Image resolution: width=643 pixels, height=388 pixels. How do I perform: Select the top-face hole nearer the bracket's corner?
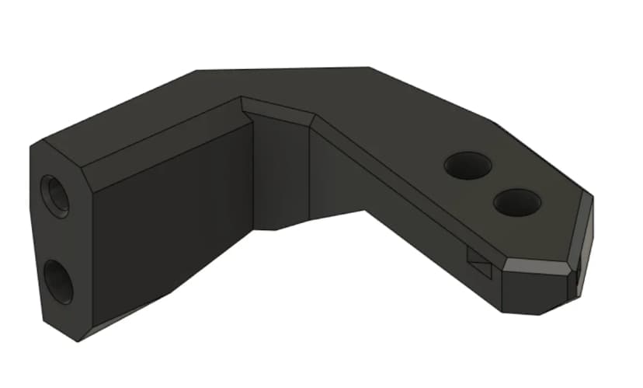coord(467,166)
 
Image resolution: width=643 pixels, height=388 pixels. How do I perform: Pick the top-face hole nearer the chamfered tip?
coord(516,203)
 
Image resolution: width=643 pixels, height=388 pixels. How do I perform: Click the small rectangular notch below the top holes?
coord(479,264)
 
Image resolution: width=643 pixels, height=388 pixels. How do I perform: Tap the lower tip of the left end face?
coord(77,339)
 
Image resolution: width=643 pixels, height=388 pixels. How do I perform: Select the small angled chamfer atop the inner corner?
coord(278,110)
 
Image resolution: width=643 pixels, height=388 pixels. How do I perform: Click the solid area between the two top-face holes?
coord(492,185)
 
